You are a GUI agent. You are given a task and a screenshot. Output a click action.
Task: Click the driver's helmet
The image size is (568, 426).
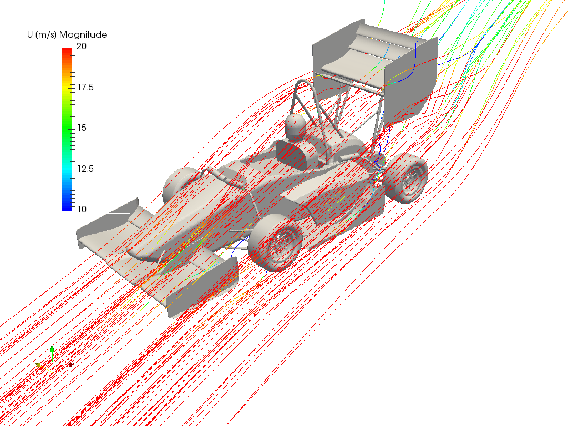295,126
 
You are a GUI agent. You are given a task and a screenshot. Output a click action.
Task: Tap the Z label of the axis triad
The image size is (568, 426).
56,348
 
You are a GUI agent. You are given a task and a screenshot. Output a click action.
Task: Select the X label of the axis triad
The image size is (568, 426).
74,362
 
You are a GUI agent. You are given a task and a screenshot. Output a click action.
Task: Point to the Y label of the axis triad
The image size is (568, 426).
42,362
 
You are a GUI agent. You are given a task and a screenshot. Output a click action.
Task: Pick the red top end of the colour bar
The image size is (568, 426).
67,50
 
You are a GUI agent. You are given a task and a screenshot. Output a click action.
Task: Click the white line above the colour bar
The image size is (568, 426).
96,30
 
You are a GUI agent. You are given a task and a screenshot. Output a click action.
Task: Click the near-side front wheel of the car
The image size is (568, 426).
276,243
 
